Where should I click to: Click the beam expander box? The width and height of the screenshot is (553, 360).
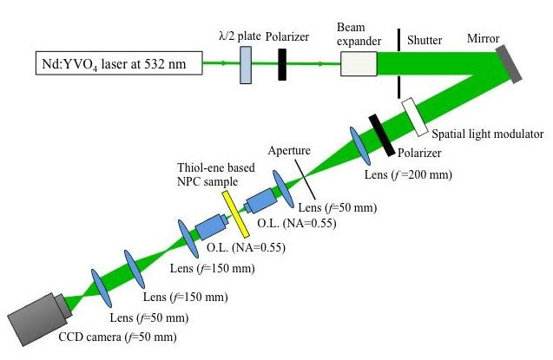359,64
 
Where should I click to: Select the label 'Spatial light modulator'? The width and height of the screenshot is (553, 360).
487,134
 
